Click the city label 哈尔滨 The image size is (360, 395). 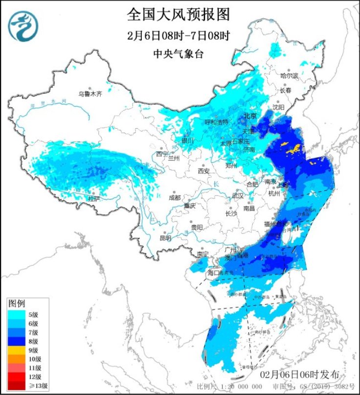coord(289,76)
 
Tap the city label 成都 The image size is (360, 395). coord(174,197)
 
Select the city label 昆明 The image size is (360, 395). coord(165,238)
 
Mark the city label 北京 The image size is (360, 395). coord(250,116)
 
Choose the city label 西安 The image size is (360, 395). coord(203,171)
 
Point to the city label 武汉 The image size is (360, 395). coord(238,195)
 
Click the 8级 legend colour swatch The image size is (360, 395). coord(18,341)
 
